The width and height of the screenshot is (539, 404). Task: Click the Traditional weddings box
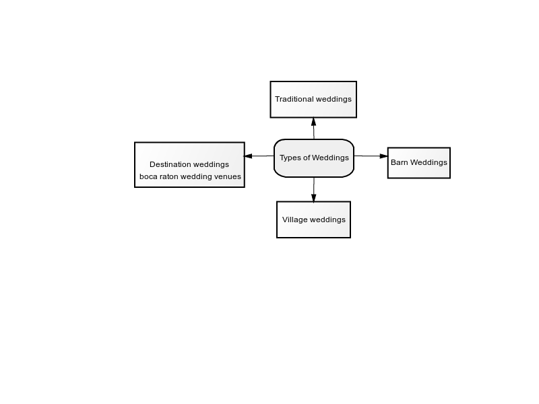point(313,100)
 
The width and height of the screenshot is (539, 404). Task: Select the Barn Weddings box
point(419,163)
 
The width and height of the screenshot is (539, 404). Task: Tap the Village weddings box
point(313,220)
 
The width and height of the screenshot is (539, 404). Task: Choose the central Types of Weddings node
point(314,158)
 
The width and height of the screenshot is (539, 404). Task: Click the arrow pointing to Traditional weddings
point(313,128)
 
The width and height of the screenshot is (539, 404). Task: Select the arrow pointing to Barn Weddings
point(371,156)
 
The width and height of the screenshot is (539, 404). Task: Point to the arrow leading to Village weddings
point(313,190)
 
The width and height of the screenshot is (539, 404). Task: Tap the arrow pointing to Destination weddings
point(259,156)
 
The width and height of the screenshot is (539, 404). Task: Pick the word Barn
point(400,162)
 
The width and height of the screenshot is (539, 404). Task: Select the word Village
point(294,220)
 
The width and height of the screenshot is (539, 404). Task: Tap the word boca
point(148,176)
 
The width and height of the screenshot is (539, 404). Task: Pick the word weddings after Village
point(327,220)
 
